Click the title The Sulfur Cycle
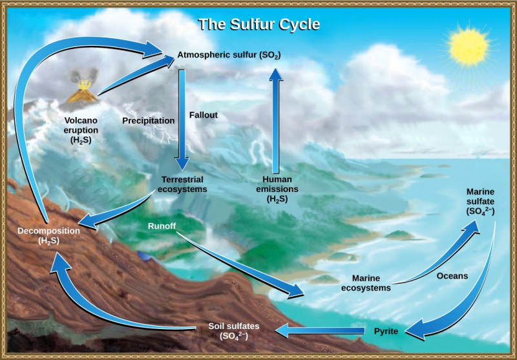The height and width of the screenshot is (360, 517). (x=258, y=25)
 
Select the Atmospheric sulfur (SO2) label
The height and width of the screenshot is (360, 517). (x=228, y=56)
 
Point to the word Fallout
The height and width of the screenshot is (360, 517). (x=203, y=115)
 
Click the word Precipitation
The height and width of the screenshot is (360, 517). (x=149, y=120)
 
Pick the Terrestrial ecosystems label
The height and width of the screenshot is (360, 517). (x=182, y=184)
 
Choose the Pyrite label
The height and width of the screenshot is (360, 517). (x=386, y=332)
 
